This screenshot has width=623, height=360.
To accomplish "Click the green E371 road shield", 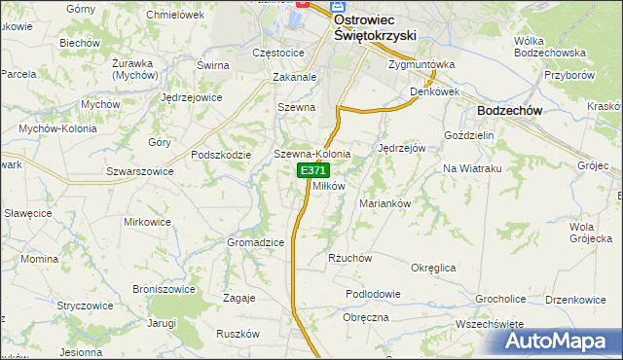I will pos(313,170).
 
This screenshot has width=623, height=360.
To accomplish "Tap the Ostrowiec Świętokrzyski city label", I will pos(375,26).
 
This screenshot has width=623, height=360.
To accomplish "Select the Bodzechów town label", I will pos(510,112).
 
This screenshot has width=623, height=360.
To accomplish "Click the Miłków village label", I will pos(329,186).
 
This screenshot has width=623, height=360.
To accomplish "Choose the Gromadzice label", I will pos(255,241).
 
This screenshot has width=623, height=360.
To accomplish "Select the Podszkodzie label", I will pos(222,155).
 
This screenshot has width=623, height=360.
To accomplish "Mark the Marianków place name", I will pos(388,204).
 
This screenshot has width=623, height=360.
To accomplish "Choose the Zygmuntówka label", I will pos(421,65).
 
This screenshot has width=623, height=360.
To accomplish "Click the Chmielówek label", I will pos(174,15).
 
